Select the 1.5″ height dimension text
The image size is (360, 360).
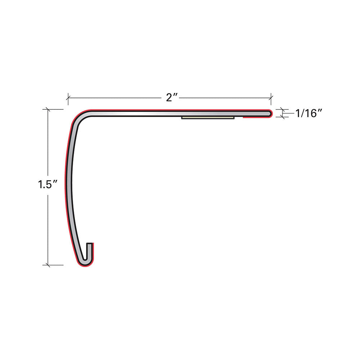point(48,184)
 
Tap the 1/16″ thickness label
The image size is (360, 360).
point(309,113)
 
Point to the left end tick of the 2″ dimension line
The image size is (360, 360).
point(68,98)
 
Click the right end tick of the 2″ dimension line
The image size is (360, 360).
point(271,98)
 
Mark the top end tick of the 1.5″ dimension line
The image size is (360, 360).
point(48,109)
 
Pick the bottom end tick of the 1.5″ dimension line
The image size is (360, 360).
point(48,265)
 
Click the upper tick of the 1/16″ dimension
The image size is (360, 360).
point(282,109)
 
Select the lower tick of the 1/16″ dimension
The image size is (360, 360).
point(282,117)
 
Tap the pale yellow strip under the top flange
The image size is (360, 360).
point(208,118)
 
